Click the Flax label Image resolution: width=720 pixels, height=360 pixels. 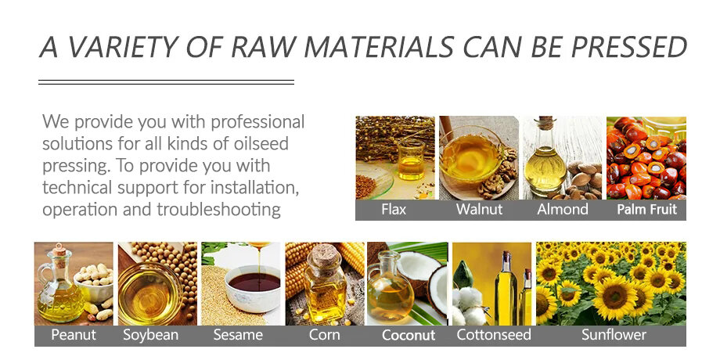click(394, 210)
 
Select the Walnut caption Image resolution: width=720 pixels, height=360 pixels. click(480, 210)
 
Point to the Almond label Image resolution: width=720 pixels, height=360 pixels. click(563, 210)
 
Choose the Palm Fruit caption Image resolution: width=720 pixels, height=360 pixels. click(646, 210)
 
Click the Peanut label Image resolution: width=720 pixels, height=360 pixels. click(74, 335)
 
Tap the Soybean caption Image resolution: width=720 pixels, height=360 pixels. click(150, 335)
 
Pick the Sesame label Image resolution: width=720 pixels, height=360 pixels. click(238, 335)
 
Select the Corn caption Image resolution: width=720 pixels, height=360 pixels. click(324, 335)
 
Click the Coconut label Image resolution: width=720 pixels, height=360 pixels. click(409, 335)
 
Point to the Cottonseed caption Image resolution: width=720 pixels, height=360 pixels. click(494, 335)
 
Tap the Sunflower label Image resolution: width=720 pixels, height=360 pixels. click(614, 335)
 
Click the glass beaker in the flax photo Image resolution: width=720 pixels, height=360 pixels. click(412, 160)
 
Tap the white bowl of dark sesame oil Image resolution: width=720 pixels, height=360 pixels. click(254, 288)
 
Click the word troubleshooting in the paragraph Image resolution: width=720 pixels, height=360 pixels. click(218, 210)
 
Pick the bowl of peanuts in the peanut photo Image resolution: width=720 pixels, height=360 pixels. click(93, 280)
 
